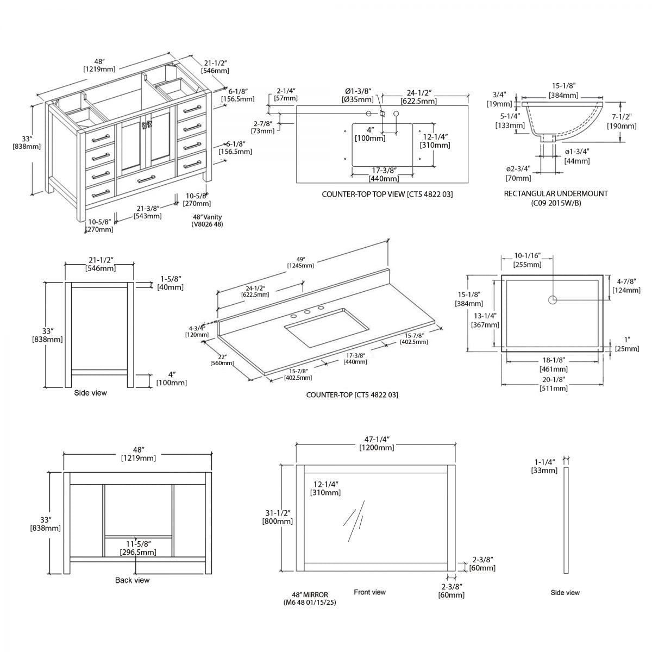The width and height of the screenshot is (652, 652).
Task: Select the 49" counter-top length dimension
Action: (x=300, y=262)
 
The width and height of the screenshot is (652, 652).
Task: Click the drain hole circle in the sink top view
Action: (x=553, y=299)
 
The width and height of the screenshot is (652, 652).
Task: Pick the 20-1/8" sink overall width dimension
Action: (x=554, y=384)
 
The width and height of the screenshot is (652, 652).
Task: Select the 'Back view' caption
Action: (x=132, y=580)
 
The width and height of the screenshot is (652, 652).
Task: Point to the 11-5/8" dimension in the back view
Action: (x=138, y=548)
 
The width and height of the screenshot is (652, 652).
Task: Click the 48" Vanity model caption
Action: (x=207, y=220)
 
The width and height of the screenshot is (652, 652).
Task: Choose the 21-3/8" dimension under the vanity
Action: (x=147, y=212)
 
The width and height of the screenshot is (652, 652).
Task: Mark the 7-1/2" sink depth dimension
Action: (x=622, y=122)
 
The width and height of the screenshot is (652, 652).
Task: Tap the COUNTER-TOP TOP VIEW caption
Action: (x=387, y=194)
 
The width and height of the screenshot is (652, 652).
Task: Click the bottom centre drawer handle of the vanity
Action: (x=145, y=180)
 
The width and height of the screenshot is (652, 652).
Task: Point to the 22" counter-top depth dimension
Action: (x=220, y=360)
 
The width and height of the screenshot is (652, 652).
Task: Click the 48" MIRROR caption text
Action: (x=309, y=598)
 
